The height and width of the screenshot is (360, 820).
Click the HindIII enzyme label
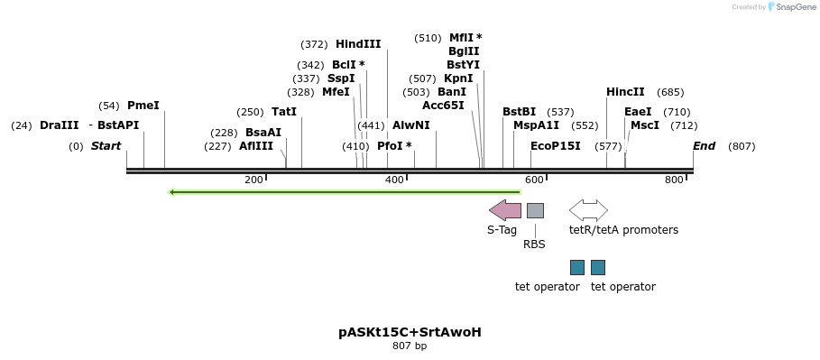[358, 44]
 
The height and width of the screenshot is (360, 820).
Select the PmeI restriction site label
[143, 106]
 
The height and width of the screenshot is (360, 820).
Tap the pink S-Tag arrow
[505, 210]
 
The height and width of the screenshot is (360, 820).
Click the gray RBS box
[535, 210]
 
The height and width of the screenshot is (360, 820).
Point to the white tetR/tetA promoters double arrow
[588, 210]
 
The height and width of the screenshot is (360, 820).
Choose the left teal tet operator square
[577, 267]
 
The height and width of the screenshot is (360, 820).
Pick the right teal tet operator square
[598, 267]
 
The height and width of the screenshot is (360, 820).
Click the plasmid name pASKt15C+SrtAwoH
[410, 332]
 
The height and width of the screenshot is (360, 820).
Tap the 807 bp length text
[410, 346]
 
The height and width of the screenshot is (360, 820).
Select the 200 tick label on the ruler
[253, 180]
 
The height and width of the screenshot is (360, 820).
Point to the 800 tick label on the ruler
[674, 180]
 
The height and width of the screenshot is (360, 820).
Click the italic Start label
[106, 146]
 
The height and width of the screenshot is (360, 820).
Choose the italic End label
[704, 146]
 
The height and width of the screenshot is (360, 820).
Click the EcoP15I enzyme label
[556, 146]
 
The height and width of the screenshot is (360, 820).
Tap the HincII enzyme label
[625, 92]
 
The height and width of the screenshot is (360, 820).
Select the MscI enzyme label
[645, 125]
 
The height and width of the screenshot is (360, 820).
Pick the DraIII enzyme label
[60, 125]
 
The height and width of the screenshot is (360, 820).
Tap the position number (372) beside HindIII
[314, 44]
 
